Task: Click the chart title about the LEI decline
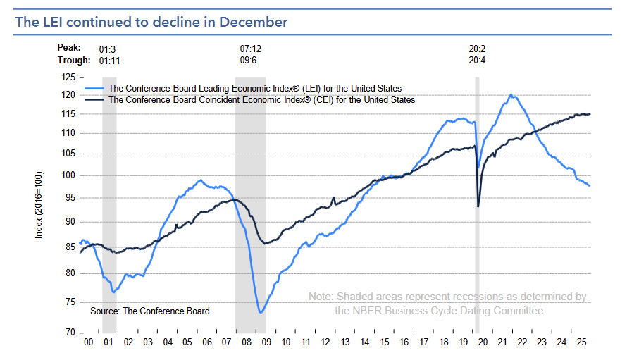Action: point(151,22)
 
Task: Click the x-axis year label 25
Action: point(581,341)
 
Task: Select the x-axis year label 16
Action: point(404,341)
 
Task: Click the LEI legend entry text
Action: point(255,89)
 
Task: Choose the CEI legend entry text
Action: point(261,100)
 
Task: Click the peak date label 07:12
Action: point(251,49)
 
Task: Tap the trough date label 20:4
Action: point(477,61)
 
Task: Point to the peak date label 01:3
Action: point(108,49)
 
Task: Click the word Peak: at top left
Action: point(68,49)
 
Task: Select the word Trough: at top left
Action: point(73,60)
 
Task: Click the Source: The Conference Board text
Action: point(149,311)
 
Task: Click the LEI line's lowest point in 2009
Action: point(260,312)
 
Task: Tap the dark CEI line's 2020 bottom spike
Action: point(479,206)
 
